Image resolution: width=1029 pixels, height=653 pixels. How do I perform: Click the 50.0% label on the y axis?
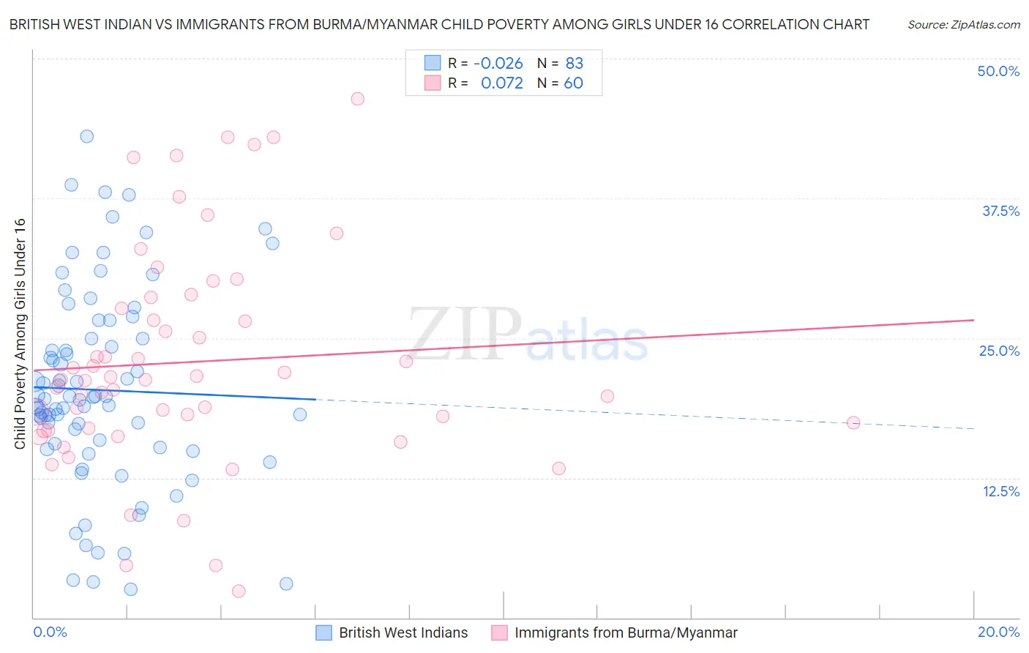[x=998, y=71]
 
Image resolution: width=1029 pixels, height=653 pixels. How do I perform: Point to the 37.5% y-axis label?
[x=1000, y=211]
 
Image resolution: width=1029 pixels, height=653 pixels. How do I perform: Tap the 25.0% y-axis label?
[x=999, y=351]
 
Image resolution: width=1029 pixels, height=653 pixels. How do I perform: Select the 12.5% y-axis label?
[x=1000, y=491]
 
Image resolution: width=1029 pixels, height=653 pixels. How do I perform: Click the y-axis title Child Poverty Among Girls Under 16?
[x=20, y=334]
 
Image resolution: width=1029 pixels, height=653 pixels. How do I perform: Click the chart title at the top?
[x=439, y=24]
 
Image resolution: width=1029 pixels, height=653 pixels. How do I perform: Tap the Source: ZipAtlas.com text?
[x=963, y=24]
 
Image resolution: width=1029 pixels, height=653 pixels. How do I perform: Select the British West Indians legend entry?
[x=403, y=633]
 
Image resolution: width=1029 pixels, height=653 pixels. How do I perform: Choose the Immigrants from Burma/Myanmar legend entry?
[x=626, y=633]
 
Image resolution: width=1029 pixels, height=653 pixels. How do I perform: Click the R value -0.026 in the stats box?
[x=498, y=63]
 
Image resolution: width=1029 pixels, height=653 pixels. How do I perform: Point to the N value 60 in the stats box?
[x=573, y=83]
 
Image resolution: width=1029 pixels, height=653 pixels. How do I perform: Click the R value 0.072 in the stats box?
[x=501, y=83]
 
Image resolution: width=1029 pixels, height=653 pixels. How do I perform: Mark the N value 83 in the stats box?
[x=574, y=63]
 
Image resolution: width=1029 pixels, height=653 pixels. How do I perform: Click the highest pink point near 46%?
[x=357, y=99]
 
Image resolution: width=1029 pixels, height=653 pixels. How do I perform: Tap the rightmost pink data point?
[x=853, y=422]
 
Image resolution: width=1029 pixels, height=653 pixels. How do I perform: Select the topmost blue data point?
[x=86, y=136]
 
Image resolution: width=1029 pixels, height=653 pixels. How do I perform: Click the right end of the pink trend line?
[x=973, y=320]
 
